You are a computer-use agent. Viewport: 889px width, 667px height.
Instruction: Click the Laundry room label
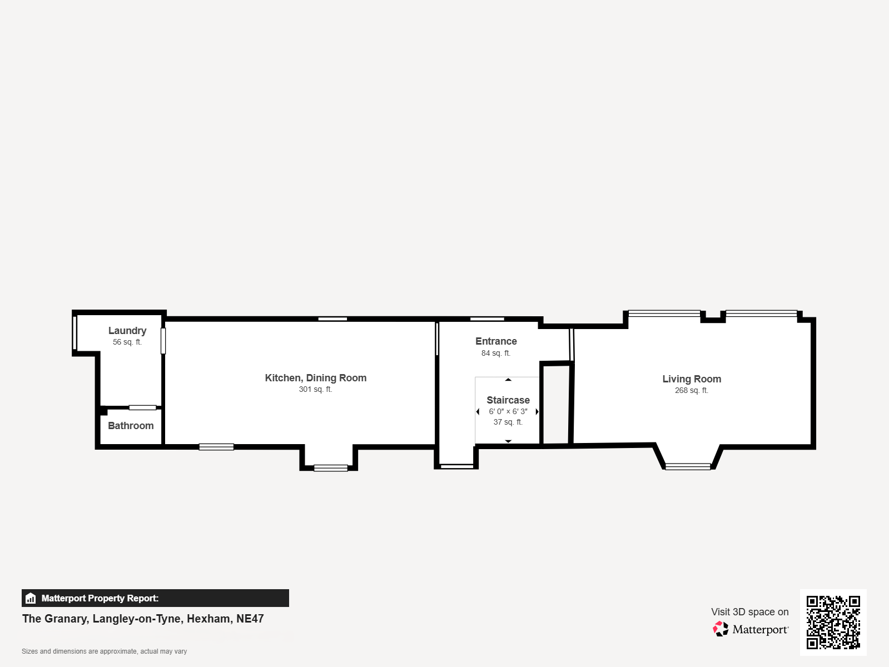coord(127,331)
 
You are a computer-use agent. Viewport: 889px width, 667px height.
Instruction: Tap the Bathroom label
coord(131,426)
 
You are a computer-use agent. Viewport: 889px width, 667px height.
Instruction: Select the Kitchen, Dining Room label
coord(315,378)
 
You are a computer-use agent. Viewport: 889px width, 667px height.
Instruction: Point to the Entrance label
coord(496,341)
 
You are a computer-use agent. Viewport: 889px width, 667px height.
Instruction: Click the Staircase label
coord(508,400)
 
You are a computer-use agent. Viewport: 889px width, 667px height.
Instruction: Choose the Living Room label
coord(692,379)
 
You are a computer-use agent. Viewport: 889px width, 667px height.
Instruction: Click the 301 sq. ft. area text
coord(315,390)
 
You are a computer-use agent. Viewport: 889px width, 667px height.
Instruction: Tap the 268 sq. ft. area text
coord(692,391)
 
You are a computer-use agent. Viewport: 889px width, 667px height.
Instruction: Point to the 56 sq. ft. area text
coord(127,342)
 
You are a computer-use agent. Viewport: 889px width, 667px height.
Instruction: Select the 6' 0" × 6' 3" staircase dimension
coord(508,412)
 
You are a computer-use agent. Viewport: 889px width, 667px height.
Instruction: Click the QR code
coord(833,623)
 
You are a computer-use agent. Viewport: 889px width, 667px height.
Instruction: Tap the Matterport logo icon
coord(721,629)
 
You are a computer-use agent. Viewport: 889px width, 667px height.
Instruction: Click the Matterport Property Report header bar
coord(155,598)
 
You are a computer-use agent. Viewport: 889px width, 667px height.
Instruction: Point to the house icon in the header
coord(31,599)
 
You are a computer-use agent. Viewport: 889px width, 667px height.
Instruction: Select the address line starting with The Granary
coord(143,619)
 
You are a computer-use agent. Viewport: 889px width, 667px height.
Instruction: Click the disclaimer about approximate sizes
coord(104,651)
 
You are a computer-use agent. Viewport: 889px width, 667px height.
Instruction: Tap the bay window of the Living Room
coord(688,466)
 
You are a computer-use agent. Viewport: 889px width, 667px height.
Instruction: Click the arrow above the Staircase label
coord(508,380)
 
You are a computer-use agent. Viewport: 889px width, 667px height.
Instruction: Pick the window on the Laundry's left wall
coord(75,333)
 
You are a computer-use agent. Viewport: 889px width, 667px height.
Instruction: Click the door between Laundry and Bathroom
coord(142,407)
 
